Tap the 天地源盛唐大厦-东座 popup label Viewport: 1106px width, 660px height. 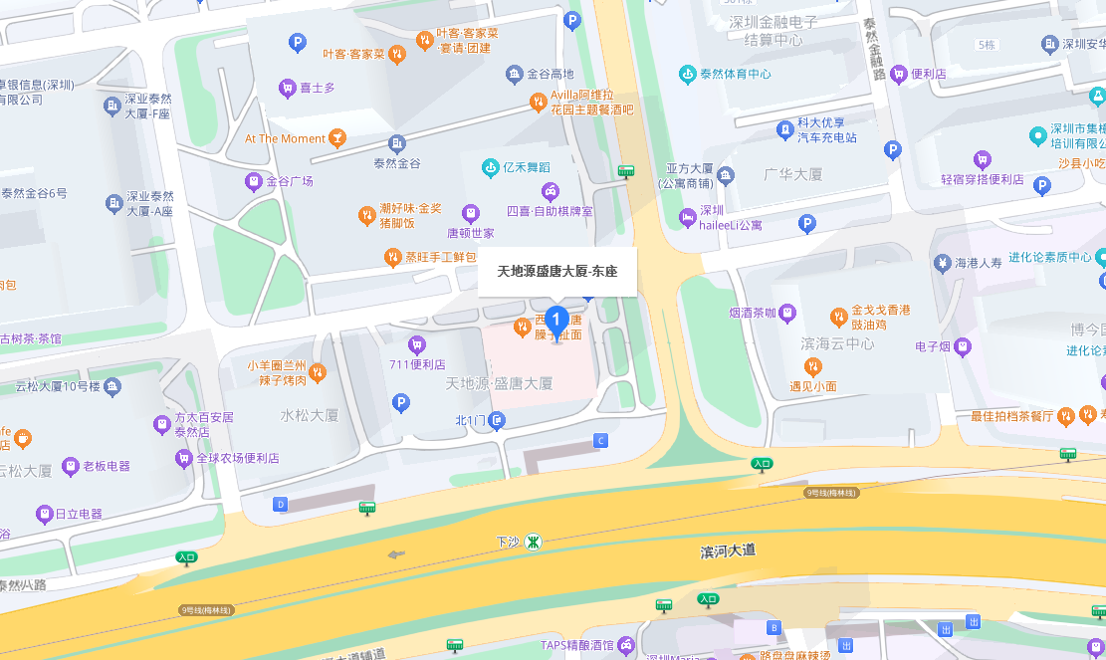tap(556, 271)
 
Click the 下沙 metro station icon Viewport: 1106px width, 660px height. tap(535, 543)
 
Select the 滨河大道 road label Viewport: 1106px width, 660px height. tap(728, 550)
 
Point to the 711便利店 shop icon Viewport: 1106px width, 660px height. tap(417, 344)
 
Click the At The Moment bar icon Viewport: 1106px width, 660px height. tap(338, 137)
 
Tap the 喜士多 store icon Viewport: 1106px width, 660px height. tap(288, 88)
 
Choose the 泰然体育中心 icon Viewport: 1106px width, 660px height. tap(687, 74)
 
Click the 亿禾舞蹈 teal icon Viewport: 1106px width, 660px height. tap(490, 166)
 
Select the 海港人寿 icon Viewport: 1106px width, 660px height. tap(942, 264)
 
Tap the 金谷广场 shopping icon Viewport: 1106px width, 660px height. tap(253, 181)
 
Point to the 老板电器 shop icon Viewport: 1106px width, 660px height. tap(70, 466)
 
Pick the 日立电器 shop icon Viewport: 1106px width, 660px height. tap(44, 514)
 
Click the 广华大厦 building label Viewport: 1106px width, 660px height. tap(792, 174)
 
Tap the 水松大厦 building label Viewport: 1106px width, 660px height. tap(310, 414)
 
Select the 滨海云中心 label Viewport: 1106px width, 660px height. tap(837, 343)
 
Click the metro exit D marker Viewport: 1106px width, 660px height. tap(281, 505)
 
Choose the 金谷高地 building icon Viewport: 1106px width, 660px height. tap(514, 74)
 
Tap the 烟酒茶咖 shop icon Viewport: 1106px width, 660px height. tap(787, 313)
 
